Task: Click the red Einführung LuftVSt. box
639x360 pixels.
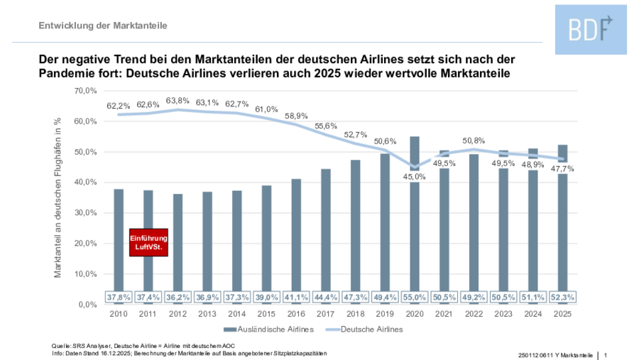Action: [148, 242]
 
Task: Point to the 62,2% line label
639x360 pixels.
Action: [119, 105]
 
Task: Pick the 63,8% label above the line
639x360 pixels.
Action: [178, 100]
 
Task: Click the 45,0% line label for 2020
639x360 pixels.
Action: [415, 176]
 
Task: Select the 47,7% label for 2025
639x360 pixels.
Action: [562, 169]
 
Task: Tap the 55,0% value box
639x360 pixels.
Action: [415, 296]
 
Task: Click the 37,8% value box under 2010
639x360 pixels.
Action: [119, 296]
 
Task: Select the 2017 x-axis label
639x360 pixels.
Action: [326, 312]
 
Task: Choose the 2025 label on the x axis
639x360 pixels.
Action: [562, 312]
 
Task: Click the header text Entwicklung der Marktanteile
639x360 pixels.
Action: [103, 26]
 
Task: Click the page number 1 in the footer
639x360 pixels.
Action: [606, 354]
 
